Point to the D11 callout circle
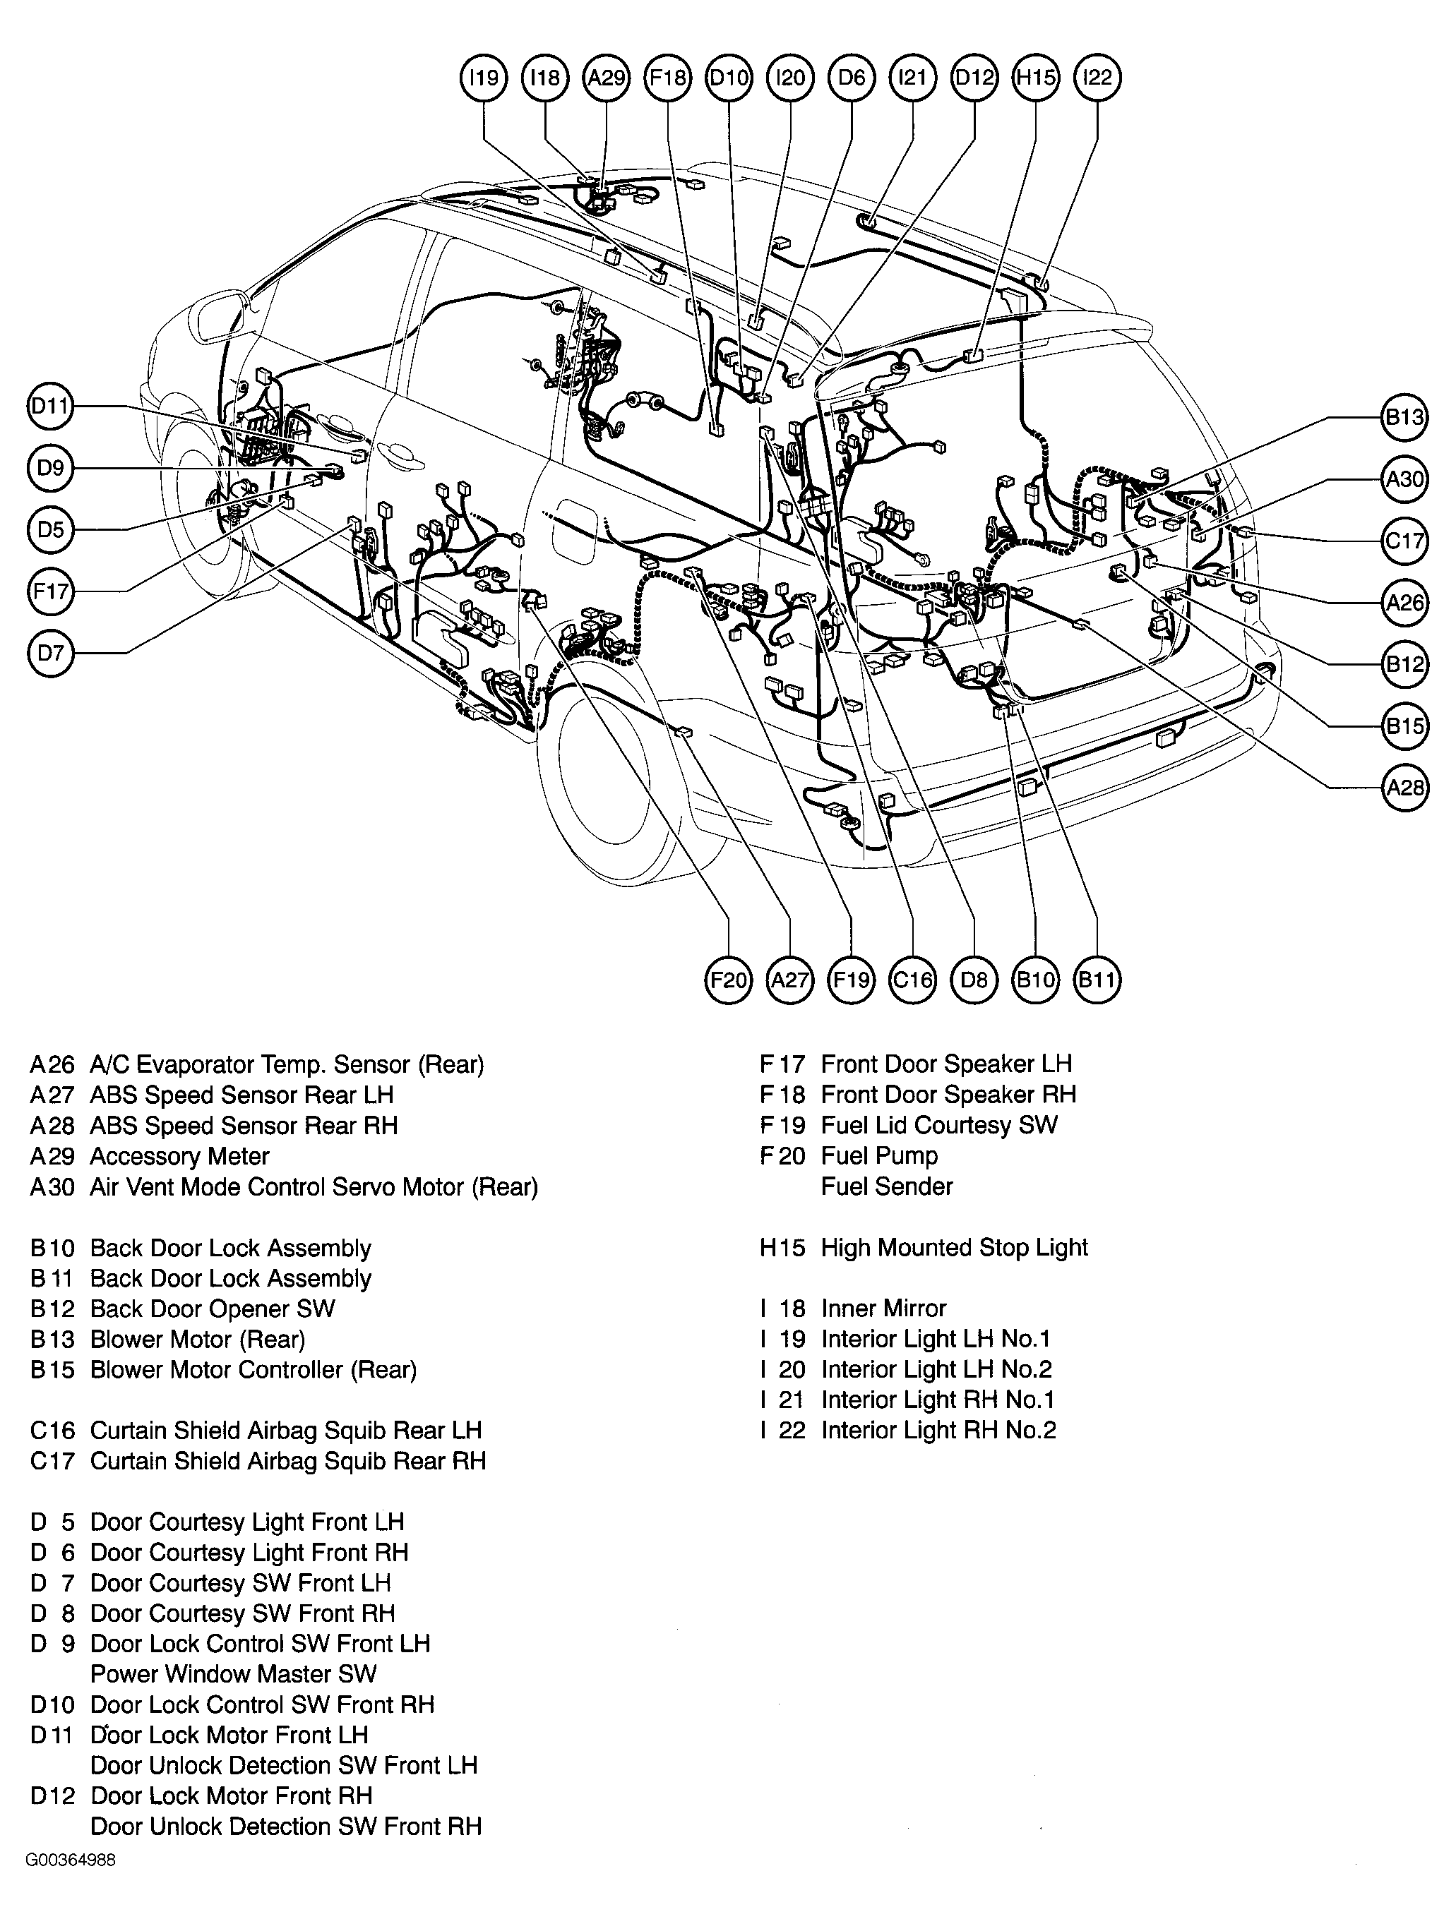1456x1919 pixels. tap(50, 406)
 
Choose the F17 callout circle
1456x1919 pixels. tap(50, 591)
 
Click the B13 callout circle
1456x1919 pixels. tap(1404, 418)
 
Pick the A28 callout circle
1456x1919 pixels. tap(1404, 788)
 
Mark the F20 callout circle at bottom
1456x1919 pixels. tap(728, 980)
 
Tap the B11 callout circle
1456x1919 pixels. tap(1097, 980)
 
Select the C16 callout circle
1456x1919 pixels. tap(913, 980)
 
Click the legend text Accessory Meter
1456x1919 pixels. tap(179, 1157)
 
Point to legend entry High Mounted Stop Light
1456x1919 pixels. tap(953, 1248)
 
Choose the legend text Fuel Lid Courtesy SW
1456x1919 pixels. tap(939, 1125)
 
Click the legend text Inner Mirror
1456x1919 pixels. tap(883, 1309)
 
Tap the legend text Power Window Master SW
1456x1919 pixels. tap(234, 1674)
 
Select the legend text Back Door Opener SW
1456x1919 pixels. tap(213, 1309)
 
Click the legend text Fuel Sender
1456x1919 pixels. tap(887, 1187)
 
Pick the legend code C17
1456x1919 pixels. tap(53, 1461)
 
